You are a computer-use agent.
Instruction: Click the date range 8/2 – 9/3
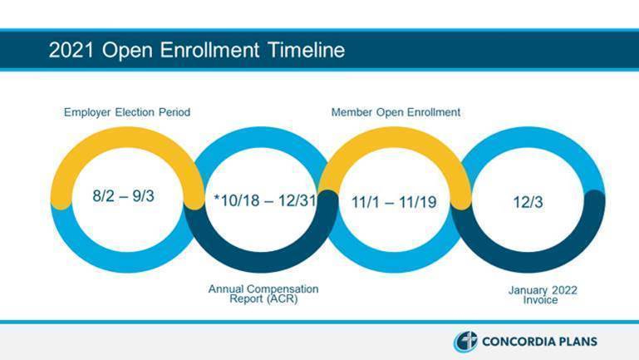click(x=123, y=196)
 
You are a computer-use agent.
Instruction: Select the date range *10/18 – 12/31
click(x=265, y=200)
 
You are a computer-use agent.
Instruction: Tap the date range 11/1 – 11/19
click(x=394, y=202)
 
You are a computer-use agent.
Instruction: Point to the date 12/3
click(x=528, y=202)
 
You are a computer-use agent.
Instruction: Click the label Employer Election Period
click(x=127, y=112)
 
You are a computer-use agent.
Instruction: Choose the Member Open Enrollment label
click(x=396, y=112)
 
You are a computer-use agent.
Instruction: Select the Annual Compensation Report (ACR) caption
click(x=263, y=293)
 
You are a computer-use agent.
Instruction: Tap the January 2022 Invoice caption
click(x=543, y=295)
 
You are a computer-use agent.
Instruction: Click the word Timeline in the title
click(x=307, y=50)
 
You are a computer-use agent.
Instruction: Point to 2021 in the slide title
click(x=71, y=50)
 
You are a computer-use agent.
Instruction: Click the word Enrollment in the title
click(x=209, y=50)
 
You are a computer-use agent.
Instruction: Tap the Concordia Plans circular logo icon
click(x=465, y=342)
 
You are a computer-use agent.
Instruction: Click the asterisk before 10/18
click(x=217, y=197)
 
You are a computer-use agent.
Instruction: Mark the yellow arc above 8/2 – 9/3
click(x=126, y=137)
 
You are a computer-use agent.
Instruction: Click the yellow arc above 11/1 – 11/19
click(x=395, y=137)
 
